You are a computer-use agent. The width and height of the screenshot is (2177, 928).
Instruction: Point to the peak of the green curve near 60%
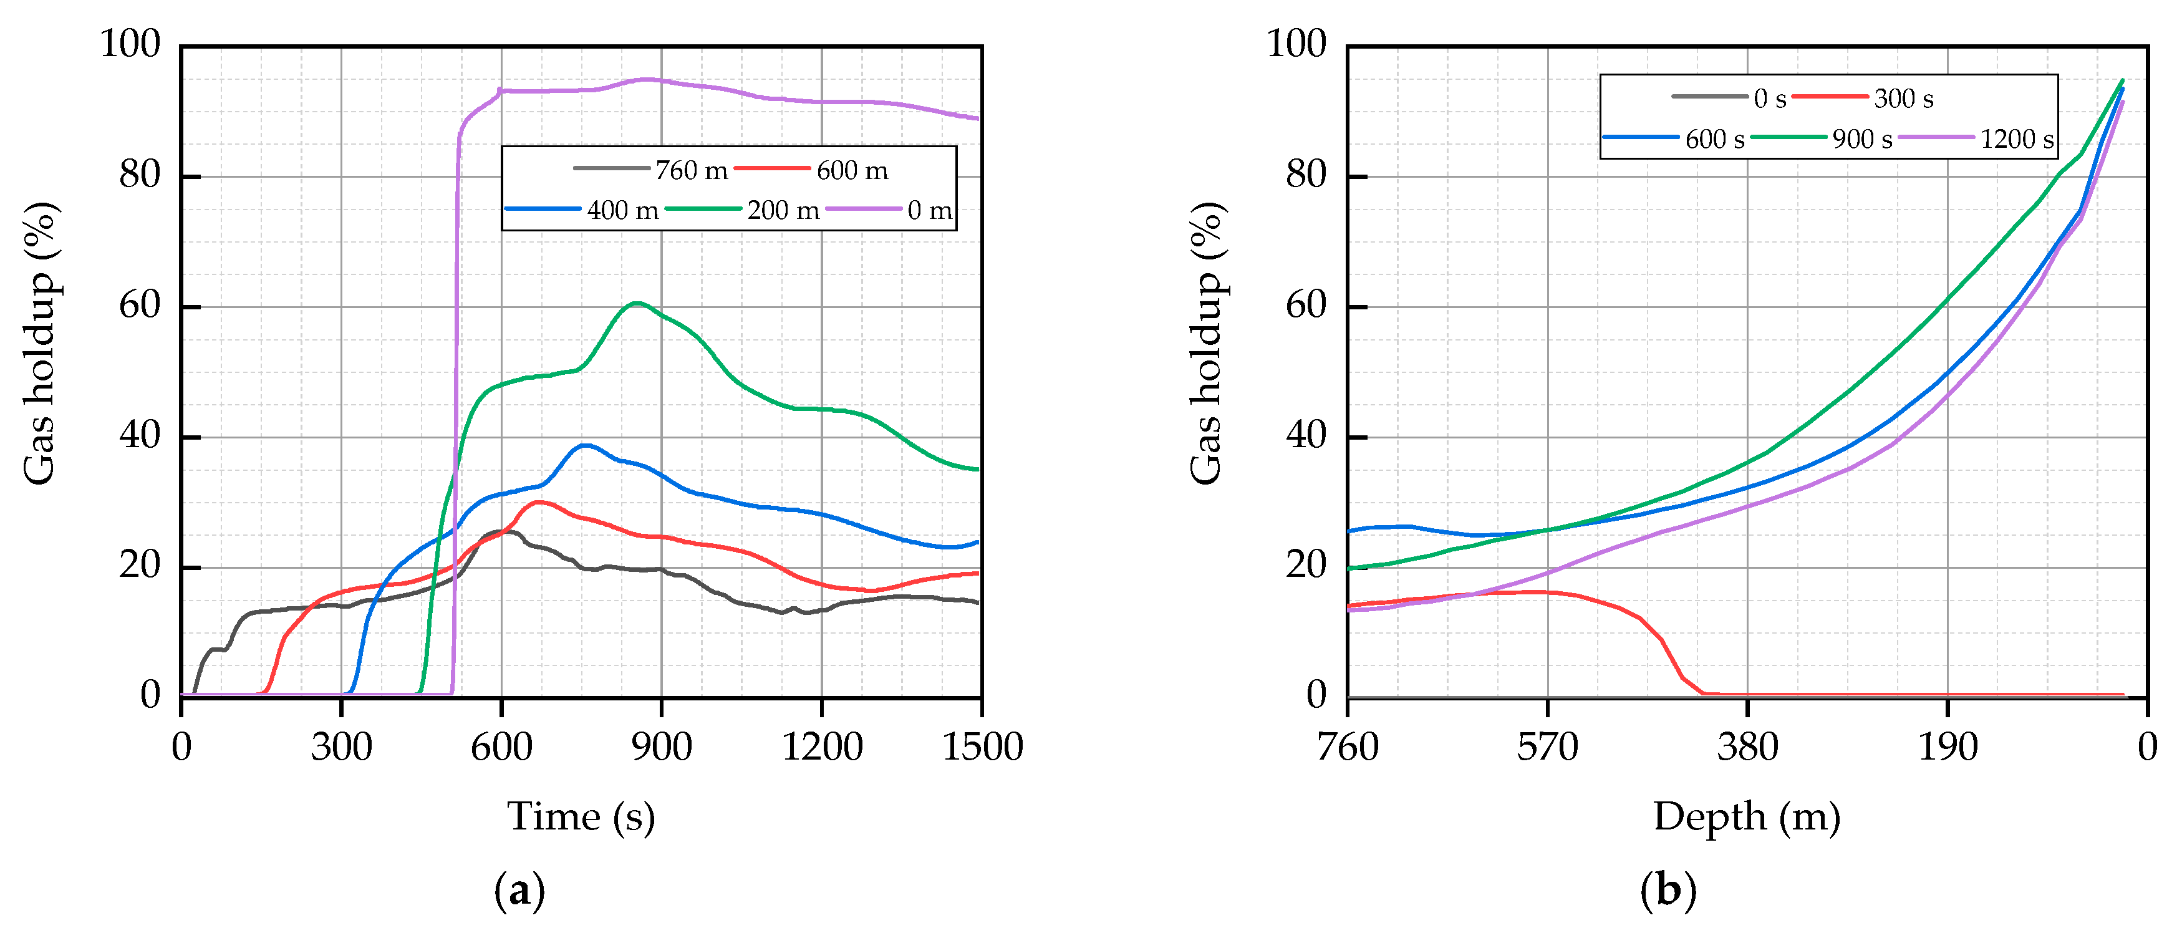[x=637, y=302]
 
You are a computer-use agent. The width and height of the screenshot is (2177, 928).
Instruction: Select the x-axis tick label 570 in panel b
[x=1547, y=747]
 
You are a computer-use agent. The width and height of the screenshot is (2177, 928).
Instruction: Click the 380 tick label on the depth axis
[x=1748, y=747]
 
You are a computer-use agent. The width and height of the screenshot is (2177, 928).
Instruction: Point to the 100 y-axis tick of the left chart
[x=130, y=44]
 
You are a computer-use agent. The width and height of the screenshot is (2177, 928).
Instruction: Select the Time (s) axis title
[x=581, y=816]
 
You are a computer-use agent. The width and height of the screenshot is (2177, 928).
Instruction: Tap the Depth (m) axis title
[x=1747, y=816]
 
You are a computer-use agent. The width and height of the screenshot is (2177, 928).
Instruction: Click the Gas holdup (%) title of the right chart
[x=1207, y=342]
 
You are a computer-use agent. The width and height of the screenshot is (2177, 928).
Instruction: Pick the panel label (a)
[x=519, y=891]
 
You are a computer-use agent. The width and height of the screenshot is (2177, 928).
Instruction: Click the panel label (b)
[x=1668, y=891]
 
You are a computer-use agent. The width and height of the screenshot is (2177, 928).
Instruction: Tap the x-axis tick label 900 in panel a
[x=662, y=747]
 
